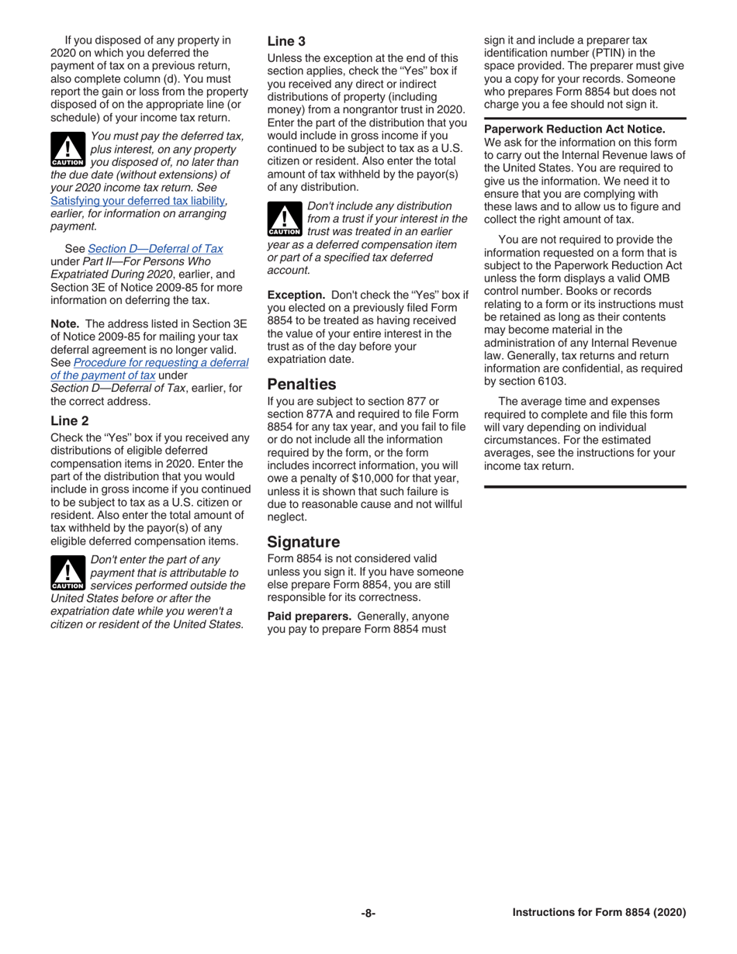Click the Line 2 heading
[x=70, y=421]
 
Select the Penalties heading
[x=302, y=384]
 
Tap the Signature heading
[x=303, y=541]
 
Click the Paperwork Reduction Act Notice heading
[x=574, y=129]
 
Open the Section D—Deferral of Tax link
[x=155, y=248]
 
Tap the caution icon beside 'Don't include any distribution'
[x=284, y=219]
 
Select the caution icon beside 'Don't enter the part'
[x=67, y=573]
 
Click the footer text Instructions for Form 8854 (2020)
[x=599, y=913]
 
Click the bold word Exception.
[x=296, y=295]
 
